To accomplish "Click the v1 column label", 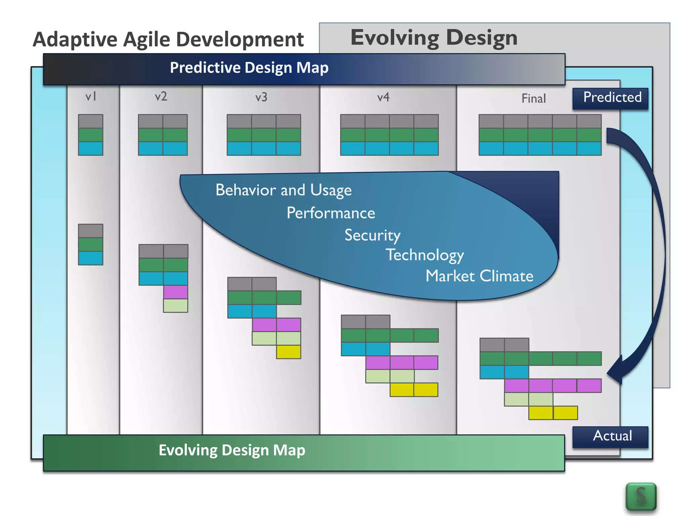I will coord(91,97).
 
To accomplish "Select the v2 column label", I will coord(161,97).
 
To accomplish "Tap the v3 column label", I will coord(261,97).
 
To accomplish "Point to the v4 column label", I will coord(383,97).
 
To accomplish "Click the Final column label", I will coord(533,98).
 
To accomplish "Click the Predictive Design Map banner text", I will coord(249,68).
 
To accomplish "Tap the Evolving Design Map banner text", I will coord(232,450).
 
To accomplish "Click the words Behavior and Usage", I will coord(283,190).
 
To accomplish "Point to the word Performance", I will coord(331,213).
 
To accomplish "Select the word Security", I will coord(372,235).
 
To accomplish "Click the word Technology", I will coord(425,255).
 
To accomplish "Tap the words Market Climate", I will coord(479,276).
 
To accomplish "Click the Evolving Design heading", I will coord(434,38).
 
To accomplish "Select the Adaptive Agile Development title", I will coord(168,40).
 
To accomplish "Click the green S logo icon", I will coord(641,496).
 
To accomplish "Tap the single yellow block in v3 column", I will coord(289,352).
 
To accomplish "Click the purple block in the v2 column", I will coord(175,292).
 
